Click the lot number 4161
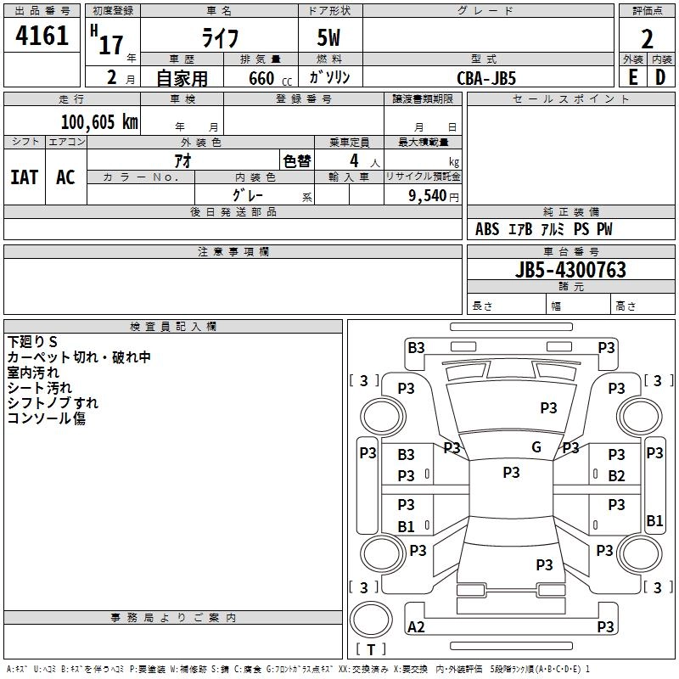[42, 36]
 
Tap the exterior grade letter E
[632, 77]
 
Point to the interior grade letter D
[660, 77]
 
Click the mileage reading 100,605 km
[99, 122]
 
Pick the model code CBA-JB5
[486, 77]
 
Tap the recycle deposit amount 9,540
[433, 196]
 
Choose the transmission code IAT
[24, 177]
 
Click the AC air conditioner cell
[65, 177]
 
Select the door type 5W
[330, 38]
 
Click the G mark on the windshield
[536, 447]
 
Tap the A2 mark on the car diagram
[417, 627]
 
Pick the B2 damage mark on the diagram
[616, 476]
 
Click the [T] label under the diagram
[371, 649]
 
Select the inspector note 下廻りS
[32, 341]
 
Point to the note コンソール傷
[47, 418]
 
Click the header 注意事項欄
[233, 252]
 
